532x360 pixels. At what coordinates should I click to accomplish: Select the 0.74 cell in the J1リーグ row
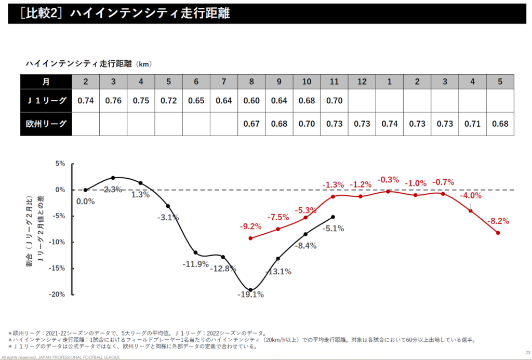click(x=85, y=101)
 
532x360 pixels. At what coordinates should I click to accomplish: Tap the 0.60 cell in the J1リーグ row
click(x=251, y=101)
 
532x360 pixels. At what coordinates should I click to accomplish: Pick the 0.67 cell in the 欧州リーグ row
click(x=251, y=125)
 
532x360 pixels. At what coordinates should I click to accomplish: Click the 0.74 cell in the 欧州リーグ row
click(x=390, y=125)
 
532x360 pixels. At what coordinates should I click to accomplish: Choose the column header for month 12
click(x=362, y=82)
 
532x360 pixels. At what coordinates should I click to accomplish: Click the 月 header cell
click(x=46, y=82)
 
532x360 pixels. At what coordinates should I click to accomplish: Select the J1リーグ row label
click(x=46, y=101)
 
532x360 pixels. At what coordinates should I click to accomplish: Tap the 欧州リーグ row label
click(x=46, y=125)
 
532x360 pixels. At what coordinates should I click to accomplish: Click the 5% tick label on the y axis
click(x=60, y=164)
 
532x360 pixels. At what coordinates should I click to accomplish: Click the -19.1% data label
click(x=251, y=295)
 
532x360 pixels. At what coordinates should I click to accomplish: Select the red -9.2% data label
click(x=250, y=226)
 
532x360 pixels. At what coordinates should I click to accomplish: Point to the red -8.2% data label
click(x=498, y=221)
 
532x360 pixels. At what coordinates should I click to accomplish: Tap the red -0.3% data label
click(x=388, y=180)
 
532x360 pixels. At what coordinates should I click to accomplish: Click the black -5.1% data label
click(x=333, y=228)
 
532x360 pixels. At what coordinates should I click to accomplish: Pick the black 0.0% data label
click(x=86, y=202)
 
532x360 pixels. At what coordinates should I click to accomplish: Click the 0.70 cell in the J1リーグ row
click(x=335, y=101)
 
